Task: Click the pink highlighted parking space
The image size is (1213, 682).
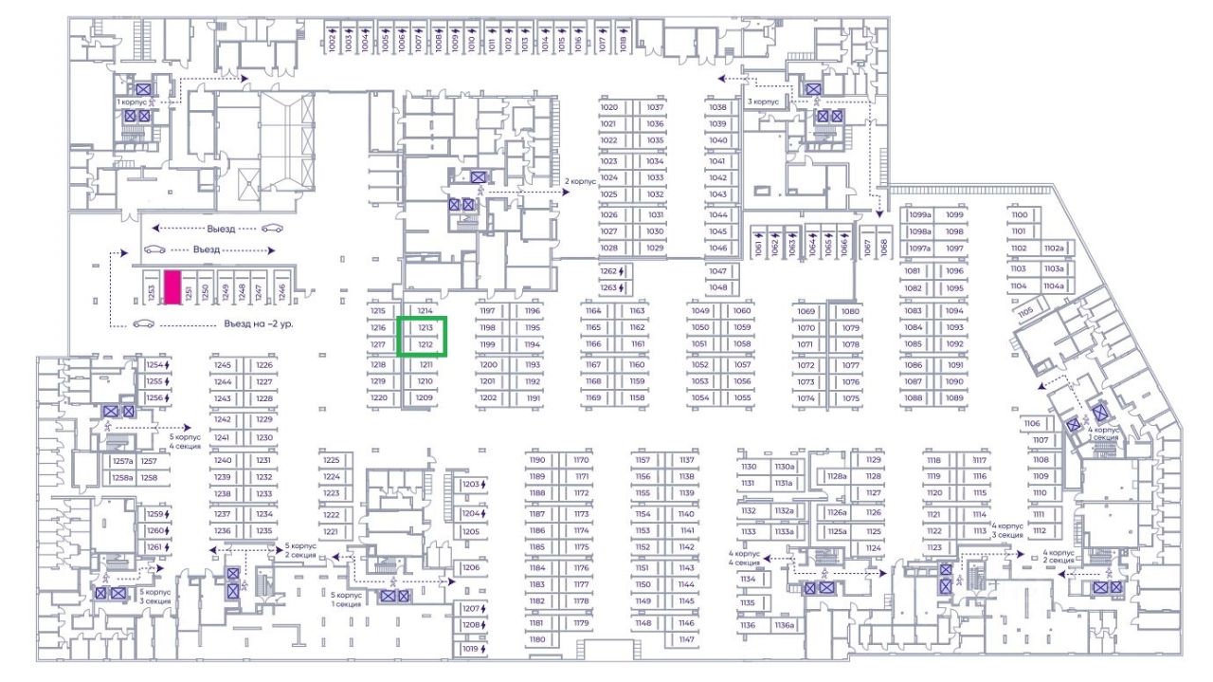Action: (172, 288)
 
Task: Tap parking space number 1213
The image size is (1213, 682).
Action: (425, 328)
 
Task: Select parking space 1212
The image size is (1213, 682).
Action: (425, 345)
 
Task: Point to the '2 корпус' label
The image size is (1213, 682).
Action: (580, 180)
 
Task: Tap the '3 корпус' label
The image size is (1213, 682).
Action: (763, 101)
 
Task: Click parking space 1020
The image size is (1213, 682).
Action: (609, 108)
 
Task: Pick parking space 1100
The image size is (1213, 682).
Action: (1020, 214)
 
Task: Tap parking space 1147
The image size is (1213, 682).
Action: (687, 639)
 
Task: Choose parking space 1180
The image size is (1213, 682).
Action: (538, 639)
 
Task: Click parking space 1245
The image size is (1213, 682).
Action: (223, 365)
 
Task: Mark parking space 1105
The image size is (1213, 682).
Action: (1024, 311)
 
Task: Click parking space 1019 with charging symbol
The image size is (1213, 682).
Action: (472, 650)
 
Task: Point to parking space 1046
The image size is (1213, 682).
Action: (717, 248)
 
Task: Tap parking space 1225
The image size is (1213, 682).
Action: (331, 459)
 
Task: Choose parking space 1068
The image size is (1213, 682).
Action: (883, 246)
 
